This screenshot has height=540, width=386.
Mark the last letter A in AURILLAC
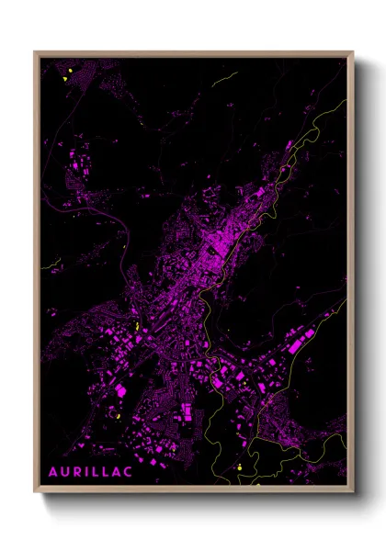click(x=116, y=471)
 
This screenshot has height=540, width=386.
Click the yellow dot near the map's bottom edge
click(x=239, y=467)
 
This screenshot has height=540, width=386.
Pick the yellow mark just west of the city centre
click(x=136, y=326)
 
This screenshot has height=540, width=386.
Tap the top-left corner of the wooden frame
click(x=35, y=52)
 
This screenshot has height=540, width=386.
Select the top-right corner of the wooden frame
click(x=352, y=52)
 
